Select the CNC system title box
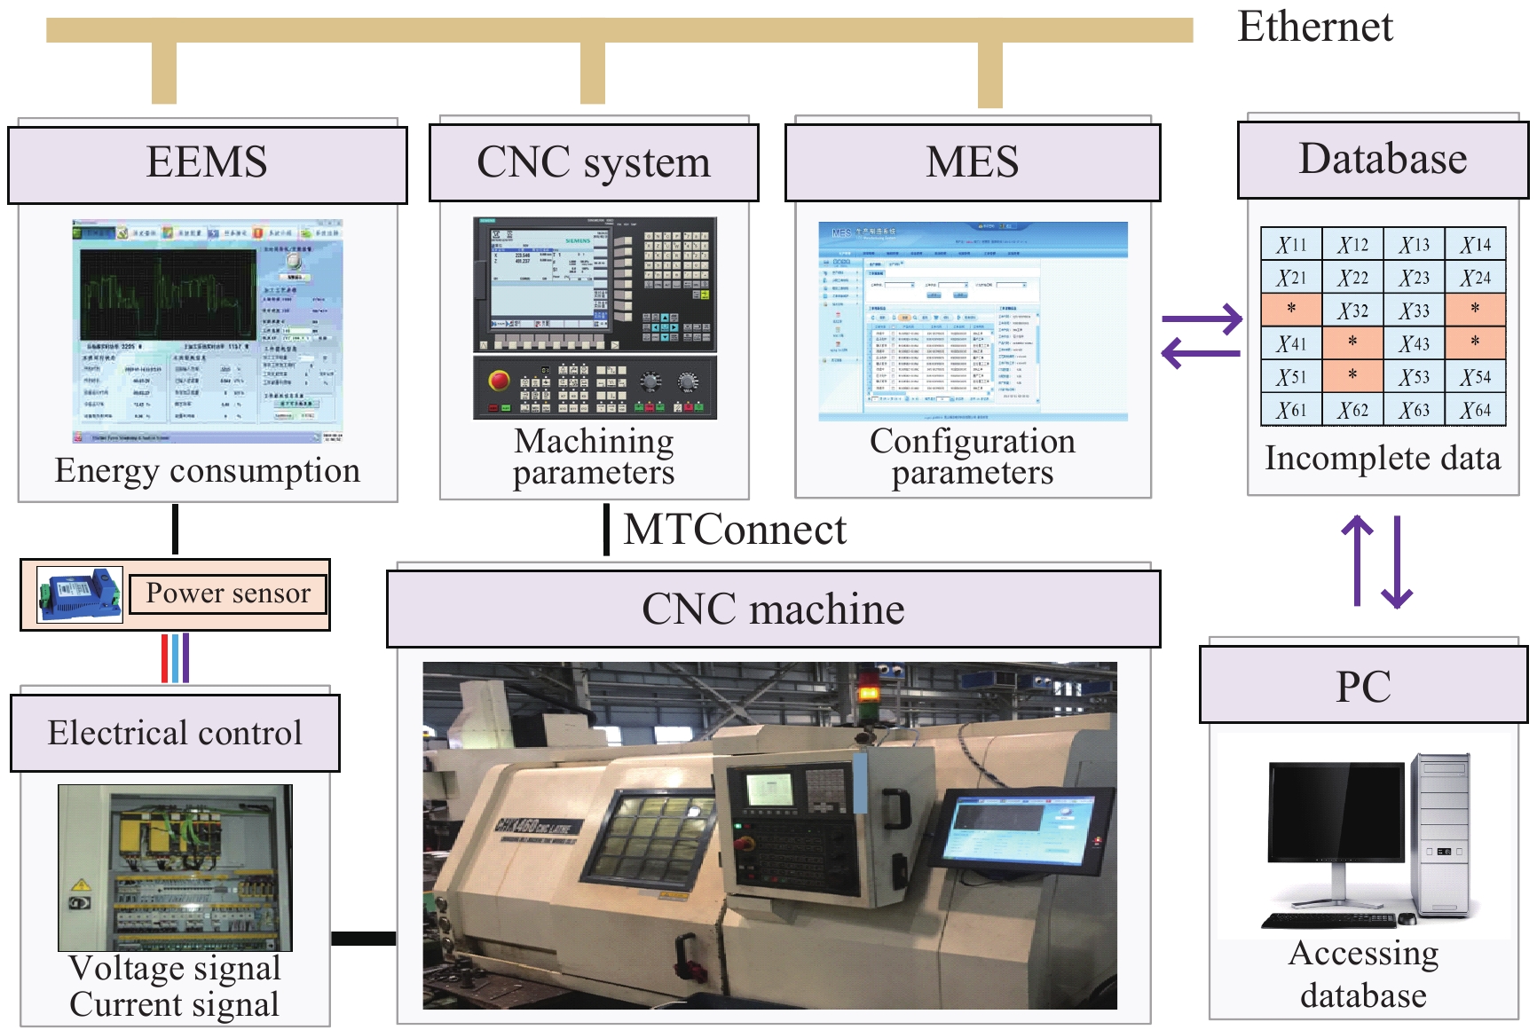pos(594,163)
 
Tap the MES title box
pos(973,163)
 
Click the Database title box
pos(1383,161)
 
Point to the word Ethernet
pos(1315,27)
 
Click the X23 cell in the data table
pos(1415,278)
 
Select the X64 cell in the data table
pos(1476,410)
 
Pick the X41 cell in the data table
pos(1291,343)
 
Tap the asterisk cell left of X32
pos(1291,310)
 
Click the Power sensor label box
pos(228,594)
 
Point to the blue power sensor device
pos(80,594)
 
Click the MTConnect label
pos(735,530)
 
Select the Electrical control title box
pos(175,733)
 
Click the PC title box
pos(1363,686)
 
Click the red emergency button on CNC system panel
pos(499,381)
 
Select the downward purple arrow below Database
pos(1398,562)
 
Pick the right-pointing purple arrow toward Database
pos(1203,319)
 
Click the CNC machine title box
pos(773,609)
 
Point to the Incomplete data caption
pos(1382,459)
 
